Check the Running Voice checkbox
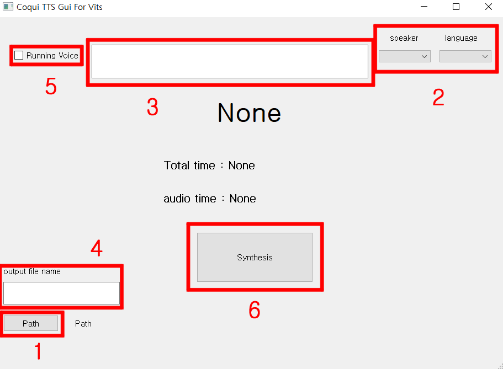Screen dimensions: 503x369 (19, 56)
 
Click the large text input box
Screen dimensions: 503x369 (230, 61)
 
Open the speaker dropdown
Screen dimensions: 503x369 (405, 56)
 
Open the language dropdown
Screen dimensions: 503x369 (465, 56)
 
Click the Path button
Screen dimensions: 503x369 (31, 323)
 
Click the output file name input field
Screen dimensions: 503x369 (61, 293)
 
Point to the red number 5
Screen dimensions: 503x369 (51, 86)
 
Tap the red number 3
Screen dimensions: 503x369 (153, 107)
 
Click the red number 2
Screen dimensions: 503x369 (438, 97)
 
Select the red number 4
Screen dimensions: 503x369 (97, 248)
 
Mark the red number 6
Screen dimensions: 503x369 (255, 310)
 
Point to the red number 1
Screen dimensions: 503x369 (38, 351)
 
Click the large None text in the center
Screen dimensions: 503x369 (249, 113)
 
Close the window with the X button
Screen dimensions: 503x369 (488, 7)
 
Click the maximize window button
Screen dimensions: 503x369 (456, 7)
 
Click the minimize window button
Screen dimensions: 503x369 (424, 7)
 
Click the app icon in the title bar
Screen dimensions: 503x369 (8, 7)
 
